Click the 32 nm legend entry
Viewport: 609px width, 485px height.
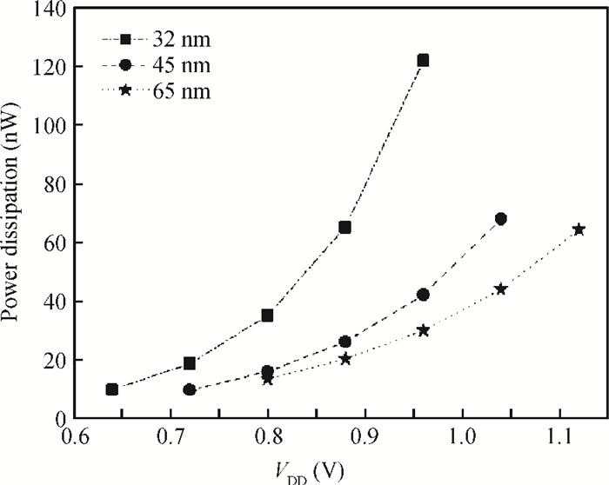click(157, 39)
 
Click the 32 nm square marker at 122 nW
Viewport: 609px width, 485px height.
click(423, 61)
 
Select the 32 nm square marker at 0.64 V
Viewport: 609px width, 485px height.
click(112, 389)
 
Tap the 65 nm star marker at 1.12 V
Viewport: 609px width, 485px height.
click(578, 229)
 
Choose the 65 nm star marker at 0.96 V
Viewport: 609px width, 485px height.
click(423, 330)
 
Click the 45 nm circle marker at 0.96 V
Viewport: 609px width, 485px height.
click(423, 295)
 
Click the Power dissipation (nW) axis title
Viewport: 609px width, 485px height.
click(14, 214)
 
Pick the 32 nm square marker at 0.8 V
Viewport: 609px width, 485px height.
click(267, 316)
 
